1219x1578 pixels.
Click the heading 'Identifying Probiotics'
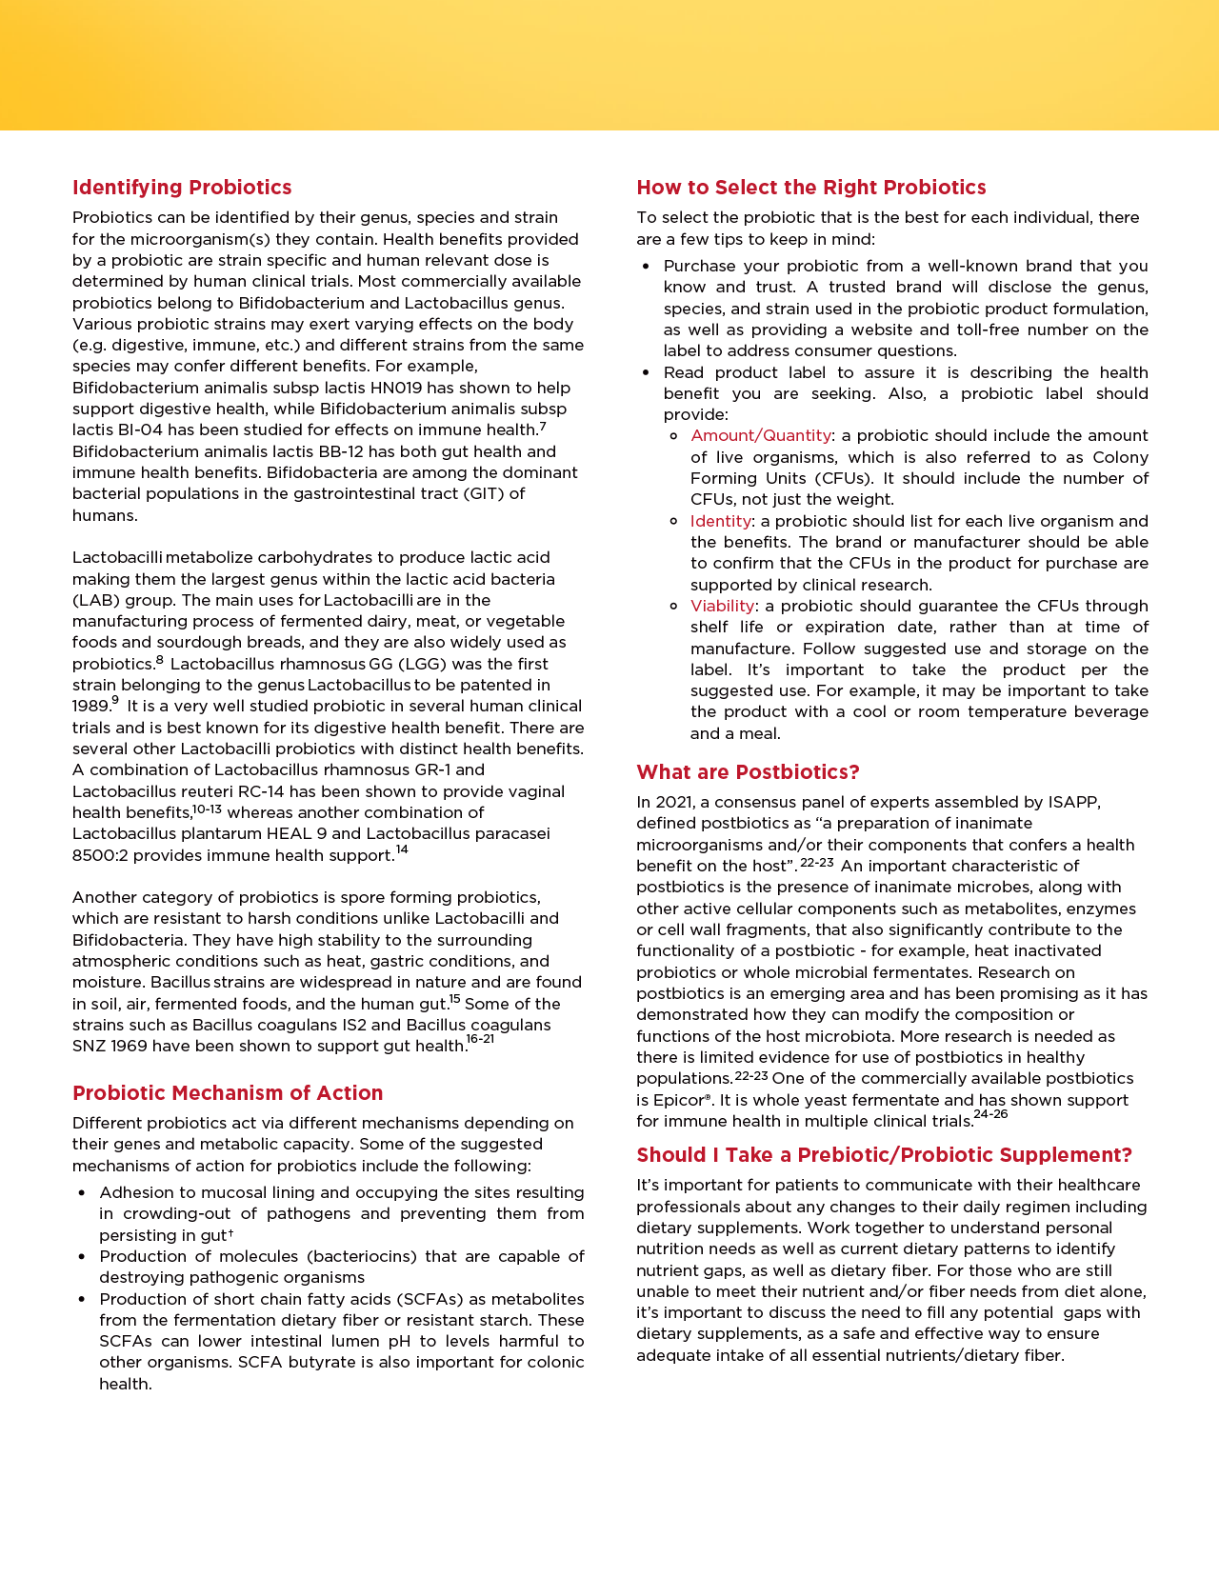182,188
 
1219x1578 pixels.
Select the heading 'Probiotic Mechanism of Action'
228,1093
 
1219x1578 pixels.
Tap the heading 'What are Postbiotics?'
748,772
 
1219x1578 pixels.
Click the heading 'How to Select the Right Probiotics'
811,188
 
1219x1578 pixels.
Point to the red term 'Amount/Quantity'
760,436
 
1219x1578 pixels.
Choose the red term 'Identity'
721,521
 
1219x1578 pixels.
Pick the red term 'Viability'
722,607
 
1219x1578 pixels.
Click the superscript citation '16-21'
480,1039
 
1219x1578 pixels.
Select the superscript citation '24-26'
990,1114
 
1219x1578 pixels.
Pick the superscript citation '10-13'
207,809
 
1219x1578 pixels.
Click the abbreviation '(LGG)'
388,665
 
